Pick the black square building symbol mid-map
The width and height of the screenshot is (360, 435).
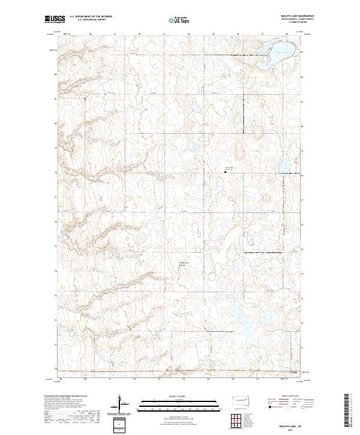[225, 172]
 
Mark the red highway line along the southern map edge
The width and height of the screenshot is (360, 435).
[180, 371]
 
